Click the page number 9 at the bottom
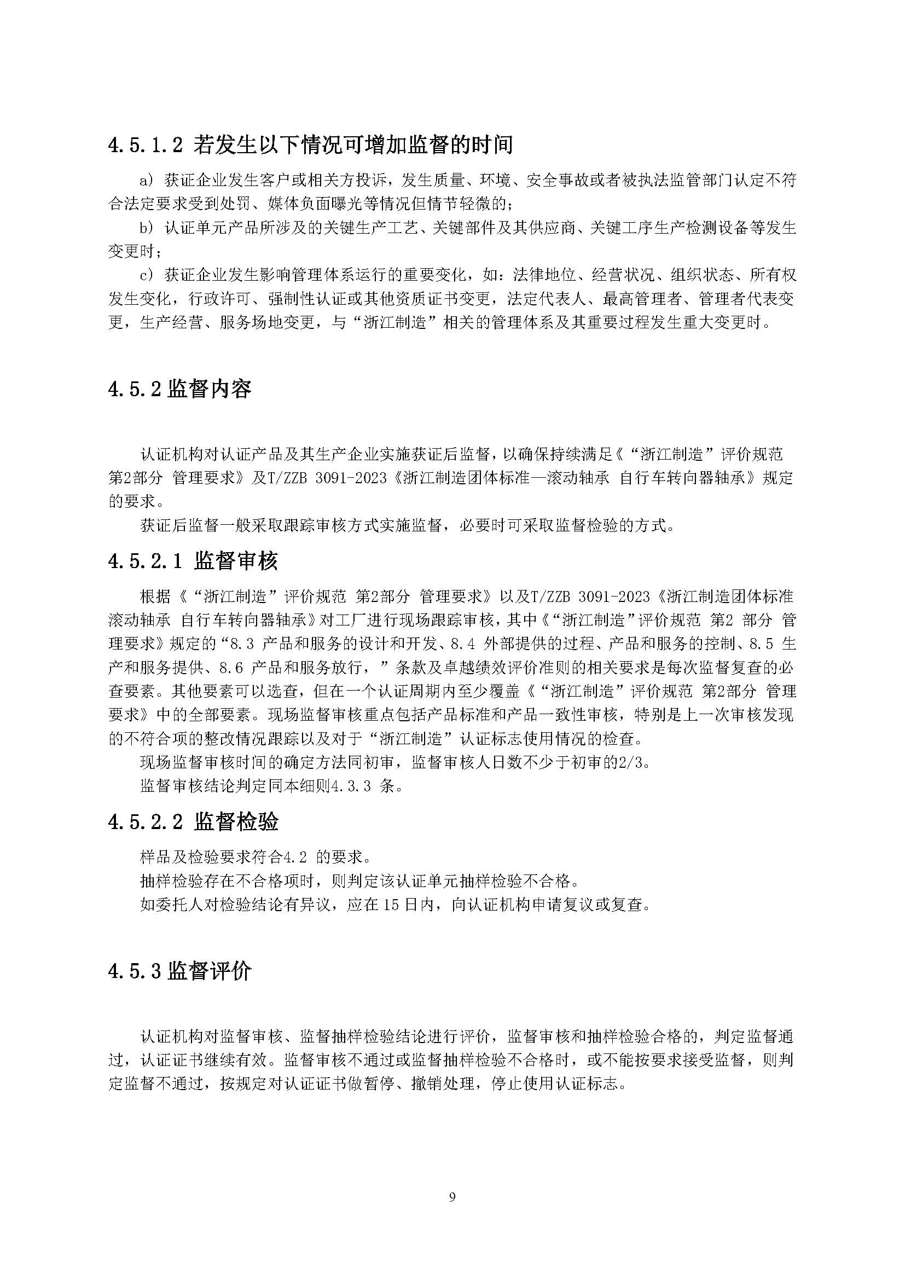(452, 1197)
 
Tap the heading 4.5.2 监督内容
(179, 389)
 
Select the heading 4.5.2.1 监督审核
(193, 561)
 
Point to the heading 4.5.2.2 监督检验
(193, 822)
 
